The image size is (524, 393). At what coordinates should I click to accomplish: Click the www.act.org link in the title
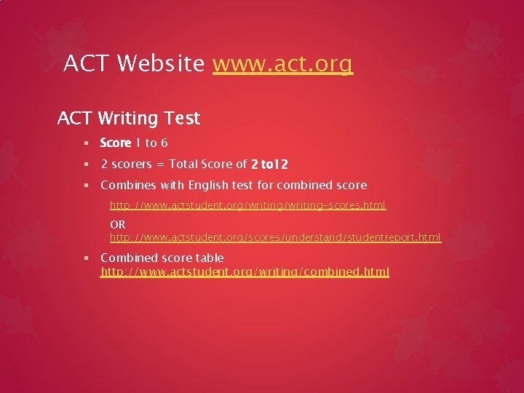click(x=282, y=64)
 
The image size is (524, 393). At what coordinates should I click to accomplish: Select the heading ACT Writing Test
click(x=129, y=117)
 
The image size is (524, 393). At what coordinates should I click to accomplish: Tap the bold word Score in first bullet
click(x=115, y=143)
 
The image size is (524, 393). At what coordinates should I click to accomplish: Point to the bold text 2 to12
click(x=269, y=164)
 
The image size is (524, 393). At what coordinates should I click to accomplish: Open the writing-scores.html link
click(x=247, y=206)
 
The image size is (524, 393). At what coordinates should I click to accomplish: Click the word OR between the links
click(x=118, y=225)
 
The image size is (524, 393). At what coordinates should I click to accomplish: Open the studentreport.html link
click(x=275, y=237)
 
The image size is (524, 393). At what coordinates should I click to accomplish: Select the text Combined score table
click(x=162, y=258)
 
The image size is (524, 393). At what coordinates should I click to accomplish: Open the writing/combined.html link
click(x=245, y=271)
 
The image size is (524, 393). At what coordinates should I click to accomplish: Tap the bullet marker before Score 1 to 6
click(x=87, y=143)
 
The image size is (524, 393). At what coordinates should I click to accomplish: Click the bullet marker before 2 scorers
click(x=87, y=165)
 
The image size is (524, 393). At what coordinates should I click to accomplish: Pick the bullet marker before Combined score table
click(x=87, y=258)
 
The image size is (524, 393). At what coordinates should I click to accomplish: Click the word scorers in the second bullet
click(x=132, y=164)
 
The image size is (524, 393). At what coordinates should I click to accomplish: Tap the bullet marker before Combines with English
click(x=87, y=186)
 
